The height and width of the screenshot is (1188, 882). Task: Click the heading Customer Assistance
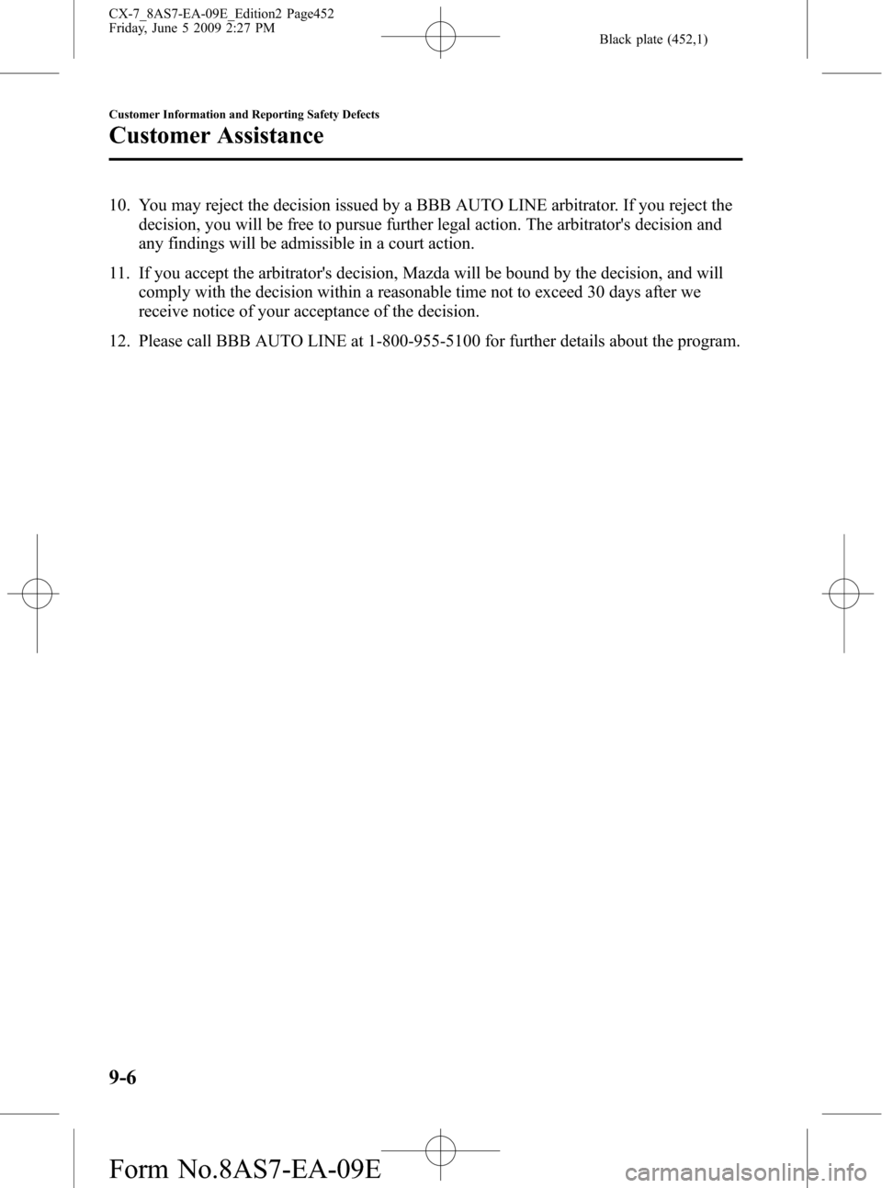coord(216,136)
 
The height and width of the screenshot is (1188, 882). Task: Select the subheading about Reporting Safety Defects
coord(244,114)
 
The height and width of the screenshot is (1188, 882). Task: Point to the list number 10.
coord(119,206)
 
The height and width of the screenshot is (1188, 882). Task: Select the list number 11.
coord(119,274)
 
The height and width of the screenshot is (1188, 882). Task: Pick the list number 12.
coord(119,342)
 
